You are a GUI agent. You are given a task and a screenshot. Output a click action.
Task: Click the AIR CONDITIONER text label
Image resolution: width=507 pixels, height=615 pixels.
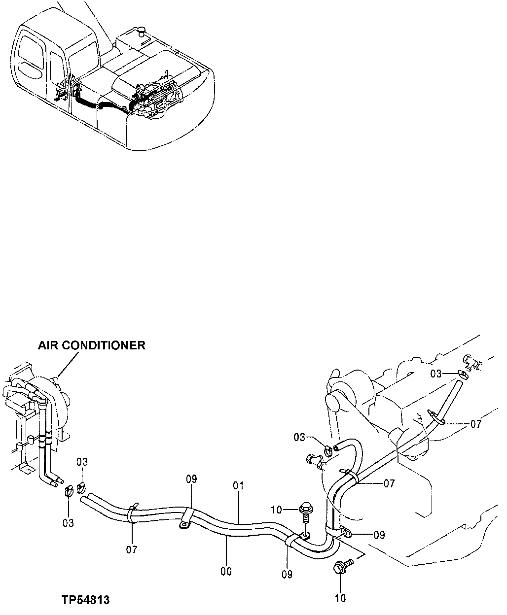(92, 345)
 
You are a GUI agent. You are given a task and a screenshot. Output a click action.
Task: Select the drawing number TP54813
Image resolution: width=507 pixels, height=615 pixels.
(85, 600)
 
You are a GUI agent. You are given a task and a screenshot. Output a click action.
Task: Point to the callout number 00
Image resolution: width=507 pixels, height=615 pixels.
(226, 571)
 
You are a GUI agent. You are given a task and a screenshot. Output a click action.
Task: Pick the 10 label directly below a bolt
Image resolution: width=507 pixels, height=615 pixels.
(340, 598)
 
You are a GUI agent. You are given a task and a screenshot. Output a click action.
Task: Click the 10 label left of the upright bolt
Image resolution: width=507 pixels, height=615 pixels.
(277, 509)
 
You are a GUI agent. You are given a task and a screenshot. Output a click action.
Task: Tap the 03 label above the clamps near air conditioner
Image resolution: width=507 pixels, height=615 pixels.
(82, 462)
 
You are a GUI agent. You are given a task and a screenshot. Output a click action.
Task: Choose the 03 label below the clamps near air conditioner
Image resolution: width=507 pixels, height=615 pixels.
(68, 522)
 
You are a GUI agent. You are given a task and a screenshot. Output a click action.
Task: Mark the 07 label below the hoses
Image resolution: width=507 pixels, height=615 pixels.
(132, 549)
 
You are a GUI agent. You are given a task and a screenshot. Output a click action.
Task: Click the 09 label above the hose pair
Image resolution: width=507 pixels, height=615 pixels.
(192, 478)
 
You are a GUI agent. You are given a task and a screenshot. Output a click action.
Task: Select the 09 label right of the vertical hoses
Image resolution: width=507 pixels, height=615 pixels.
(379, 535)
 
